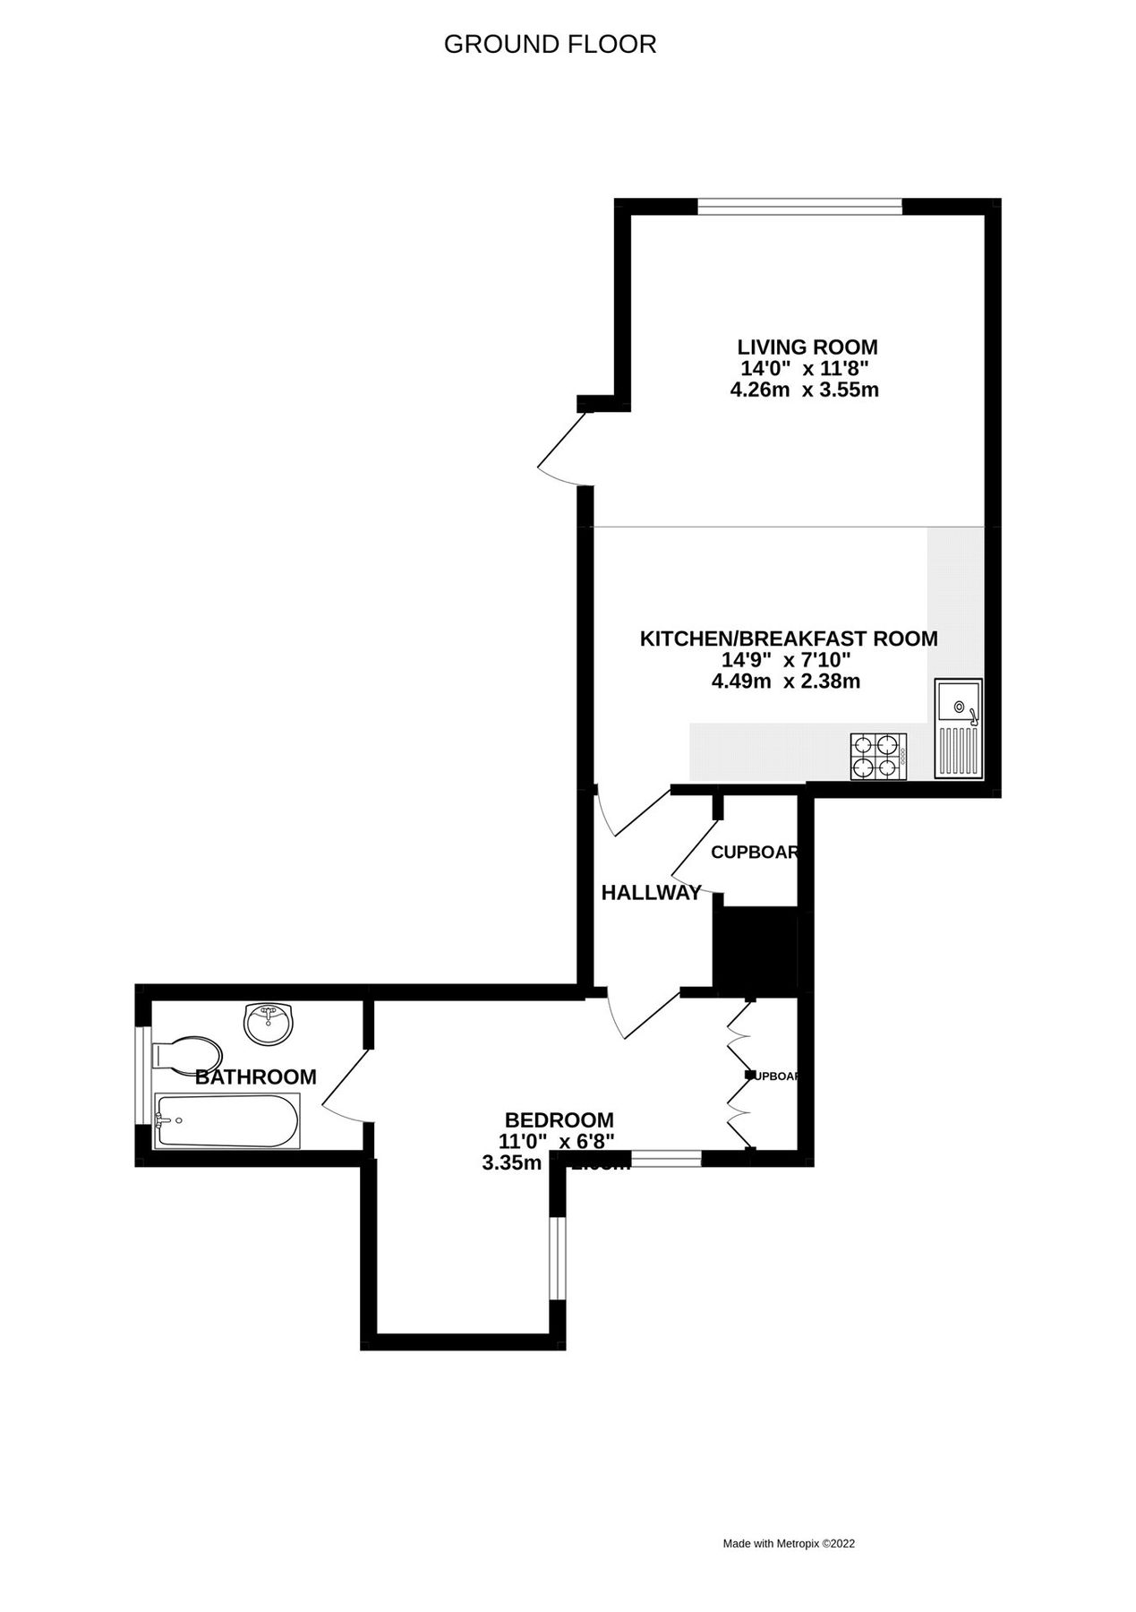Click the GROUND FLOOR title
tap(550, 44)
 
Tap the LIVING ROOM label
tap(807, 347)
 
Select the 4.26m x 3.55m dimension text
tap(804, 390)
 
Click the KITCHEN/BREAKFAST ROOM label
tap(788, 639)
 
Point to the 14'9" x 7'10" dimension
tap(785, 660)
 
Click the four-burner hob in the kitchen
tap(877, 756)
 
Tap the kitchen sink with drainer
tap(958, 729)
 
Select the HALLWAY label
tap(651, 892)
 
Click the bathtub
tap(228, 1119)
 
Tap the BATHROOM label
tap(255, 1076)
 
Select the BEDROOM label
tap(559, 1119)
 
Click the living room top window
tap(799, 207)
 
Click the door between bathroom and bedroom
tap(345, 1085)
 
